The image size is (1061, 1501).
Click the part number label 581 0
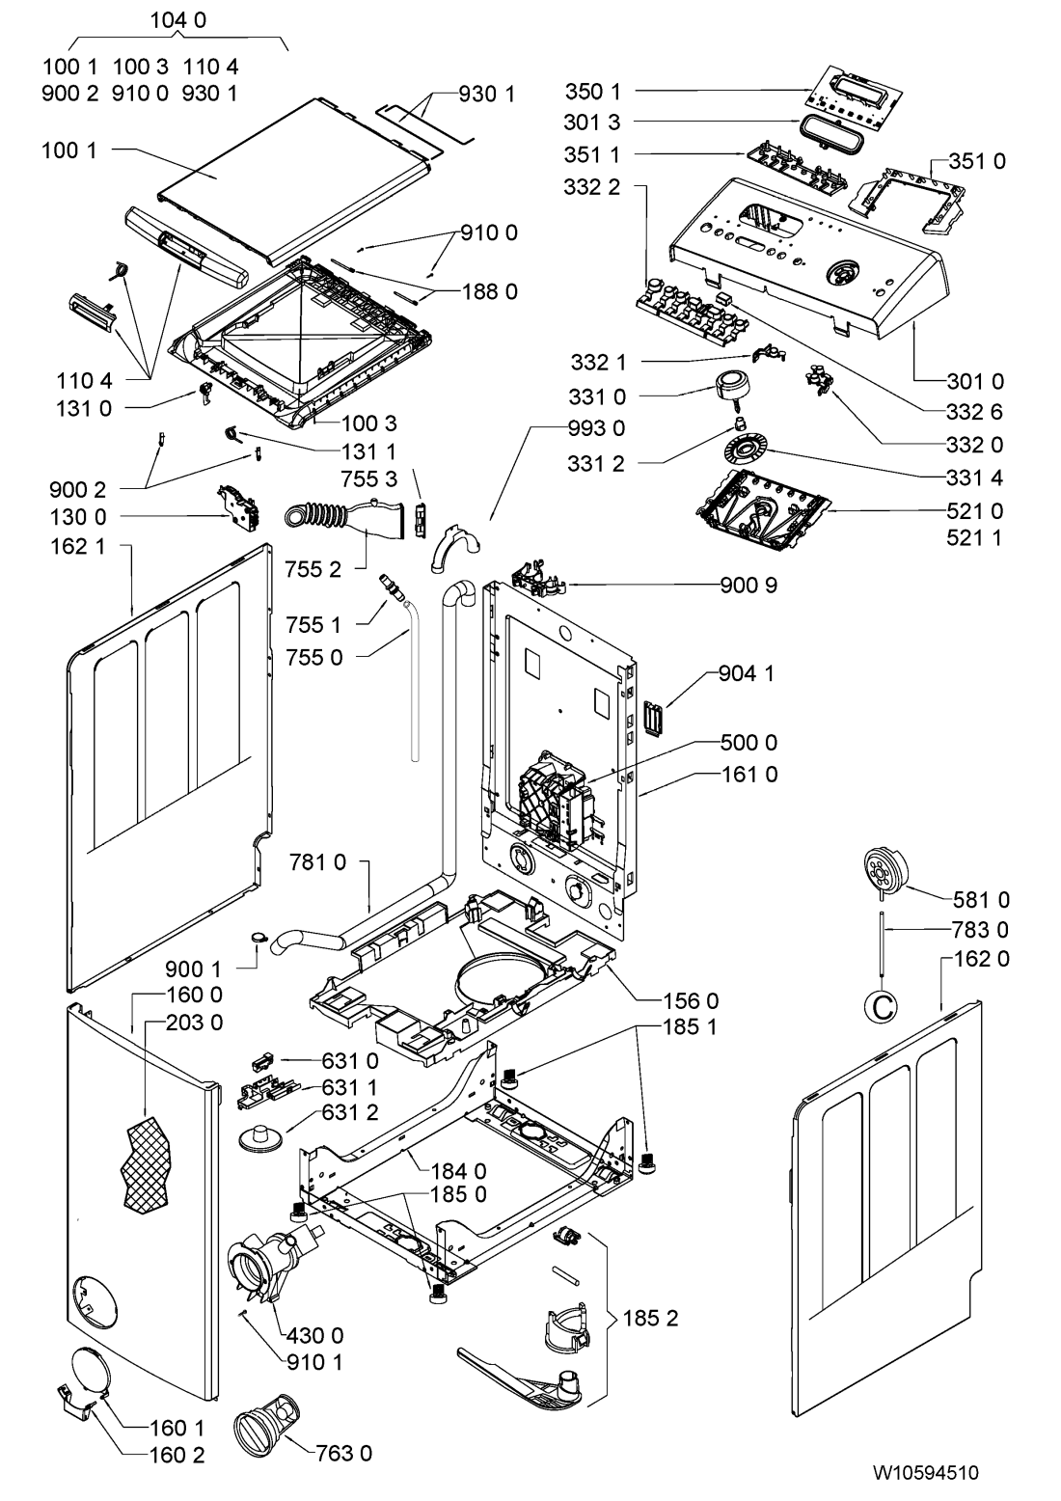click(981, 899)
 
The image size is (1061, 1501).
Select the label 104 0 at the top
click(177, 20)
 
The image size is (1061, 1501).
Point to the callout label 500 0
click(748, 743)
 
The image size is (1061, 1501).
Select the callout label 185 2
click(650, 1318)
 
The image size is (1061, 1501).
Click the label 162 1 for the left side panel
click(78, 547)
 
